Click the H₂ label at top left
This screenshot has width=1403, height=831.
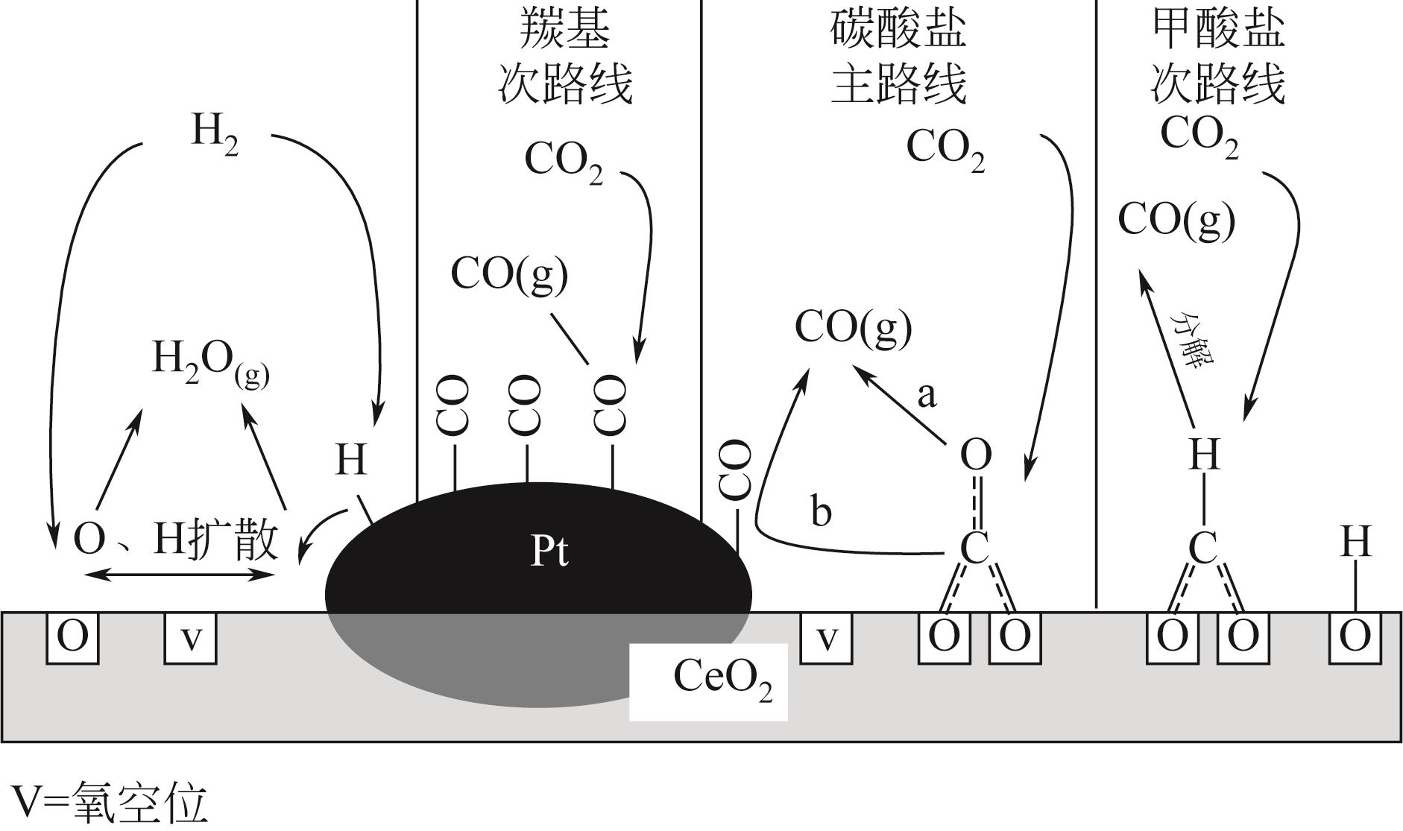pos(215,134)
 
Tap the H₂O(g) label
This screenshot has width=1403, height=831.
pos(211,361)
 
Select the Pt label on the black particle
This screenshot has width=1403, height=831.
pos(549,552)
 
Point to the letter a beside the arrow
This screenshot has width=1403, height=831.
pos(926,396)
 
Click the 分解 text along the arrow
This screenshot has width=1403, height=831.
pos(1191,340)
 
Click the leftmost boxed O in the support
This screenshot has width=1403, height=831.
pos(73,637)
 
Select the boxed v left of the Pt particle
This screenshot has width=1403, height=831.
pos(191,637)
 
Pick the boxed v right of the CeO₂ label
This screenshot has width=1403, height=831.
pos(827,637)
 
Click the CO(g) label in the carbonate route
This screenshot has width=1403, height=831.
pos(854,328)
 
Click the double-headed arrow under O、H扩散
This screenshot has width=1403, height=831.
pos(179,574)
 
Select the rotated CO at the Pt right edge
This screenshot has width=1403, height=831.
pos(735,470)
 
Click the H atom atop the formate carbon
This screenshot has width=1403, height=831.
pos(1203,454)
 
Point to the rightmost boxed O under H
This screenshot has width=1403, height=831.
pos(1355,637)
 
